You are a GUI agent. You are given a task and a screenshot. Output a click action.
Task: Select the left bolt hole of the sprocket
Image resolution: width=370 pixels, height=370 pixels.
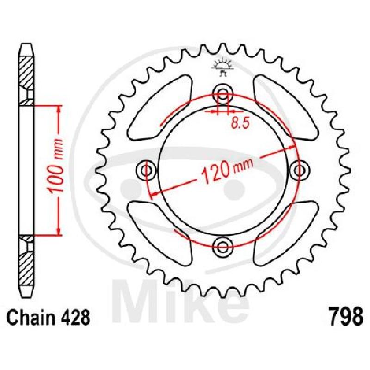pos(147,170)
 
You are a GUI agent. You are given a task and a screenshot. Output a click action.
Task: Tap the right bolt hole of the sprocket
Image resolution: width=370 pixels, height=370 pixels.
pos(299,170)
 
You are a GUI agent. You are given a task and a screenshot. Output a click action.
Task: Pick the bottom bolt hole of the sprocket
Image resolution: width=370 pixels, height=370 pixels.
pos(223,247)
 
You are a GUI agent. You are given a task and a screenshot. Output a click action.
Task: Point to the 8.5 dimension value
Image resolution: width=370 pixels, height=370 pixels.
pos(240,123)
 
